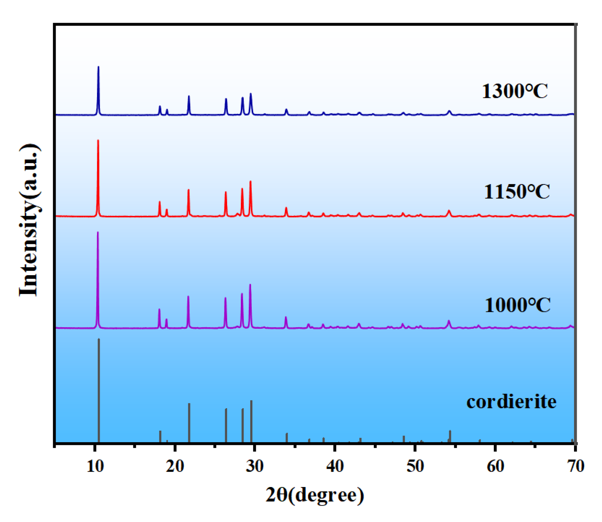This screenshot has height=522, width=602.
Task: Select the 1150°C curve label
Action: (x=517, y=192)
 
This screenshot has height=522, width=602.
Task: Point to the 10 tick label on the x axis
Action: (x=95, y=466)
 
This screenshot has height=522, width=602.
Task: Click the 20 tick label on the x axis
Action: (x=175, y=466)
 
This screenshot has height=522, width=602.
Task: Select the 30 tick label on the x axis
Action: (x=255, y=466)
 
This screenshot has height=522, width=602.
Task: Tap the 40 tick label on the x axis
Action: (x=335, y=466)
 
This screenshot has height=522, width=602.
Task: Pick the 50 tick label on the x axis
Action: (x=415, y=466)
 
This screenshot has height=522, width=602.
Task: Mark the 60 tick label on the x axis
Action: (x=495, y=466)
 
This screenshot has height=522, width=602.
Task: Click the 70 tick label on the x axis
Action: (x=575, y=466)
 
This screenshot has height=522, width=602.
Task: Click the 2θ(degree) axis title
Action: (x=315, y=495)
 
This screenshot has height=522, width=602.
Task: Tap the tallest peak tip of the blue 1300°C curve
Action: (x=98, y=67)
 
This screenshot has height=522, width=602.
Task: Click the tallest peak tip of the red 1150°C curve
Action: (x=98, y=141)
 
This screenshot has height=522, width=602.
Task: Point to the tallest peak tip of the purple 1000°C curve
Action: (x=98, y=232)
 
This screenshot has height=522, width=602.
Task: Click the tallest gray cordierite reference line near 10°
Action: (x=99, y=389)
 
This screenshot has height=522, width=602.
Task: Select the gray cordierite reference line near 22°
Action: (x=189, y=422)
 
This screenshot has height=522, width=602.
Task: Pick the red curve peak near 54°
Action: (x=449, y=211)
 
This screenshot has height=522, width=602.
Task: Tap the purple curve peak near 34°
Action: (x=286, y=317)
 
